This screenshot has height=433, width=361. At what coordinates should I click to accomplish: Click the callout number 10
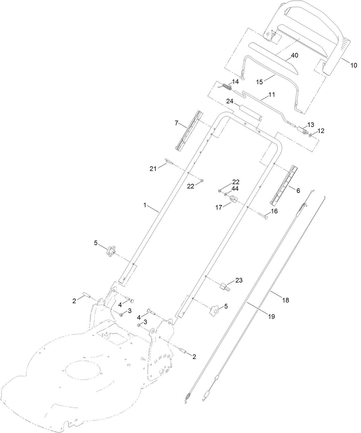tap(353, 65)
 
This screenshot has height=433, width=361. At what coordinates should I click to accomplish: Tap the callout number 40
tap(294, 55)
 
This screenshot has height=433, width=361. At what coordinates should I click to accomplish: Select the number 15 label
tap(259, 82)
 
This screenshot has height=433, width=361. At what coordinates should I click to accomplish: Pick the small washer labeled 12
tap(311, 135)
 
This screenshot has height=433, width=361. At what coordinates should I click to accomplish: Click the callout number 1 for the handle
tap(145, 205)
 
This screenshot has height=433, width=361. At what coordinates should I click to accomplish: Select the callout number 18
tap(286, 300)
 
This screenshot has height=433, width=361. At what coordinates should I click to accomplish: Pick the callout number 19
tap(271, 317)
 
